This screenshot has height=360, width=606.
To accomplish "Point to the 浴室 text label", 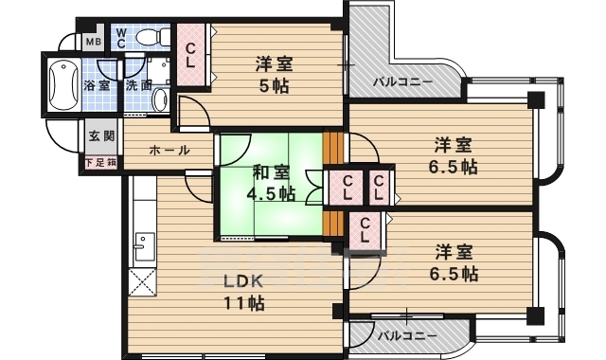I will point(96,86).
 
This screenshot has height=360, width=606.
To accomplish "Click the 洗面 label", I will point(138,86).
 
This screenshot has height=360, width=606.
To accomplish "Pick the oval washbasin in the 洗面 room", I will point(159,99).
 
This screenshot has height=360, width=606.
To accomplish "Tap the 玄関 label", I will point(101,136).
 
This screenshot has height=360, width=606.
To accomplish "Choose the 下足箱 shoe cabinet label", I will point(101,163).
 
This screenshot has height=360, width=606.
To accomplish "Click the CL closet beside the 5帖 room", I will point(191,56).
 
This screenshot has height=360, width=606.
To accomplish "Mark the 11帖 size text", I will point(242,303).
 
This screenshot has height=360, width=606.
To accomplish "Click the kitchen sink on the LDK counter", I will point(142,251).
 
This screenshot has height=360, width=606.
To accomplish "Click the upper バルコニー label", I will point(402,81).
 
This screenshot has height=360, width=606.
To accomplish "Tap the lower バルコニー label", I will point(406,336).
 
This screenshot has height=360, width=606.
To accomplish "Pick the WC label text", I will point(122,37).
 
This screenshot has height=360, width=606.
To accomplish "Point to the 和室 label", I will point(272,172).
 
